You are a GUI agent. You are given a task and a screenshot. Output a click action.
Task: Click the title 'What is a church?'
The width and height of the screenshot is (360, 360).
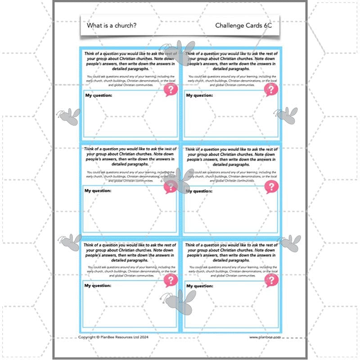112,26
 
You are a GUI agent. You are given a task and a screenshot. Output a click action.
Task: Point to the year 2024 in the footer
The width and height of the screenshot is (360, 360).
143,337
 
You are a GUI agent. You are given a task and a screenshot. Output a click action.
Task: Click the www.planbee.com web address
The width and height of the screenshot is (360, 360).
265,337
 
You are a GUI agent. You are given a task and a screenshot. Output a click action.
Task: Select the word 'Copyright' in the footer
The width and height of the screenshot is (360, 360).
88,337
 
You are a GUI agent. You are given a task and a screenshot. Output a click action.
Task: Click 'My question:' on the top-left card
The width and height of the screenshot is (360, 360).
98,95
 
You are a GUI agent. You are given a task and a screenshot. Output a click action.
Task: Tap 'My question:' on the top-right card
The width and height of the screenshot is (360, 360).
199,95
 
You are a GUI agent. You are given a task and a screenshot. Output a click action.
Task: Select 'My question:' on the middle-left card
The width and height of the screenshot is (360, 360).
98,191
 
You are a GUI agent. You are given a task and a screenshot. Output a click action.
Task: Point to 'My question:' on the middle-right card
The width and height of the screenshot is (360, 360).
199,191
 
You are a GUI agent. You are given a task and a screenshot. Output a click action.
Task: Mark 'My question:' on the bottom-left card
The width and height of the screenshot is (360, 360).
98,286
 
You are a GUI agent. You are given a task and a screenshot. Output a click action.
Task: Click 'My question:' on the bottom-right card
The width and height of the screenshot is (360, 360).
199,286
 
